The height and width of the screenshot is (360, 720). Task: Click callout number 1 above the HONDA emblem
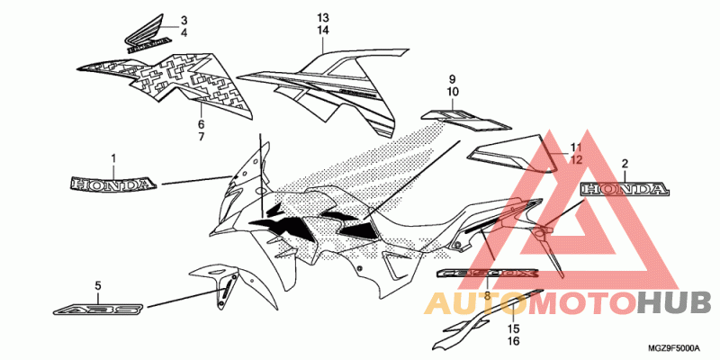[x=113, y=159]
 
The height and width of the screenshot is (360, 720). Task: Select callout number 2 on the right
[x=625, y=165]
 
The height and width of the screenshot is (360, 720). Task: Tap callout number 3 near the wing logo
[x=184, y=20]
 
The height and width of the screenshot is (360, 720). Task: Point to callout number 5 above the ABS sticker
[x=97, y=286]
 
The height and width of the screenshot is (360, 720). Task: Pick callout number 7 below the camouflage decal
[x=201, y=137]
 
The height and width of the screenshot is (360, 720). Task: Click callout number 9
[x=453, y=78]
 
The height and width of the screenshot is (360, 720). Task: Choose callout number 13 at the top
[x=323, y=18]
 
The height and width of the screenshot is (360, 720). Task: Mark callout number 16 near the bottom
[x=515, y=342]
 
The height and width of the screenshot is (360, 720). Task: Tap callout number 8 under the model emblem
[x=487, y=294]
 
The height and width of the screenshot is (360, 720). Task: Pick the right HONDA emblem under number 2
[x=625, y=190]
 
